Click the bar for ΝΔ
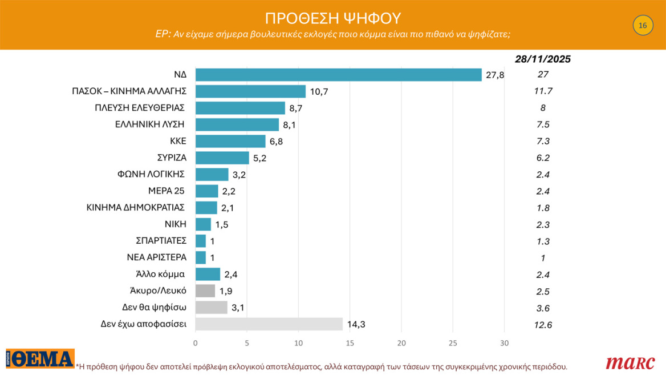[339, 75]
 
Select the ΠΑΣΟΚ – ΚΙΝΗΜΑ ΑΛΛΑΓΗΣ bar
[250, 91]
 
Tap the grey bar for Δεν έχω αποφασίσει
[269, 324]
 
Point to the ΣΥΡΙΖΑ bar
[222, 158]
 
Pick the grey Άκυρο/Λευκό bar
[205, 291]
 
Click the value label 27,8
[494, 75]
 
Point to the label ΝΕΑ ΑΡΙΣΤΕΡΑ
[156, 257]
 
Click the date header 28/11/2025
[542, 59]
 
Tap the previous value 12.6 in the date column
[542, 325]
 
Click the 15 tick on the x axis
[350, 342]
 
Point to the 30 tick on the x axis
[504, 342]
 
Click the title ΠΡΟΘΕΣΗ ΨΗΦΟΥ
[333, 17]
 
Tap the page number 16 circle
[643, 26]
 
